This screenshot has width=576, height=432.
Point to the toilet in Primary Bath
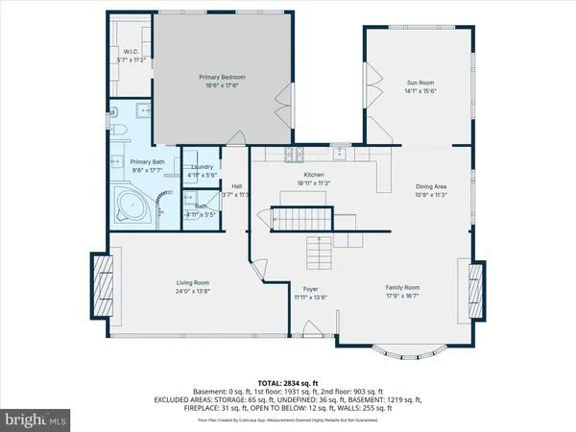[116, 128]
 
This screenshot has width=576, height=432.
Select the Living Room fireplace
[101, 283]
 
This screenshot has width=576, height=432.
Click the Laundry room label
[202, 166]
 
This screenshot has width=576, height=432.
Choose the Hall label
[235, 186]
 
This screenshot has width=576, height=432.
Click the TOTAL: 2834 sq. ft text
[287, 381]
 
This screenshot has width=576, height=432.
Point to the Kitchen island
[300, 197]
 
